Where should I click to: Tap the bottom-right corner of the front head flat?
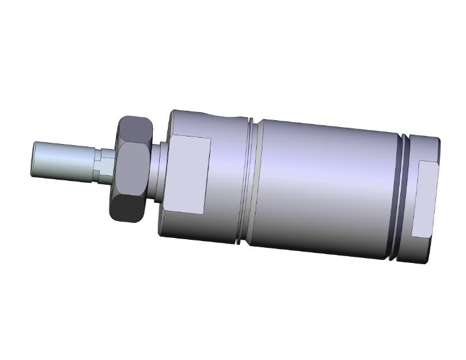[204, 215]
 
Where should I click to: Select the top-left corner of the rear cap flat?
[420, 161]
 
